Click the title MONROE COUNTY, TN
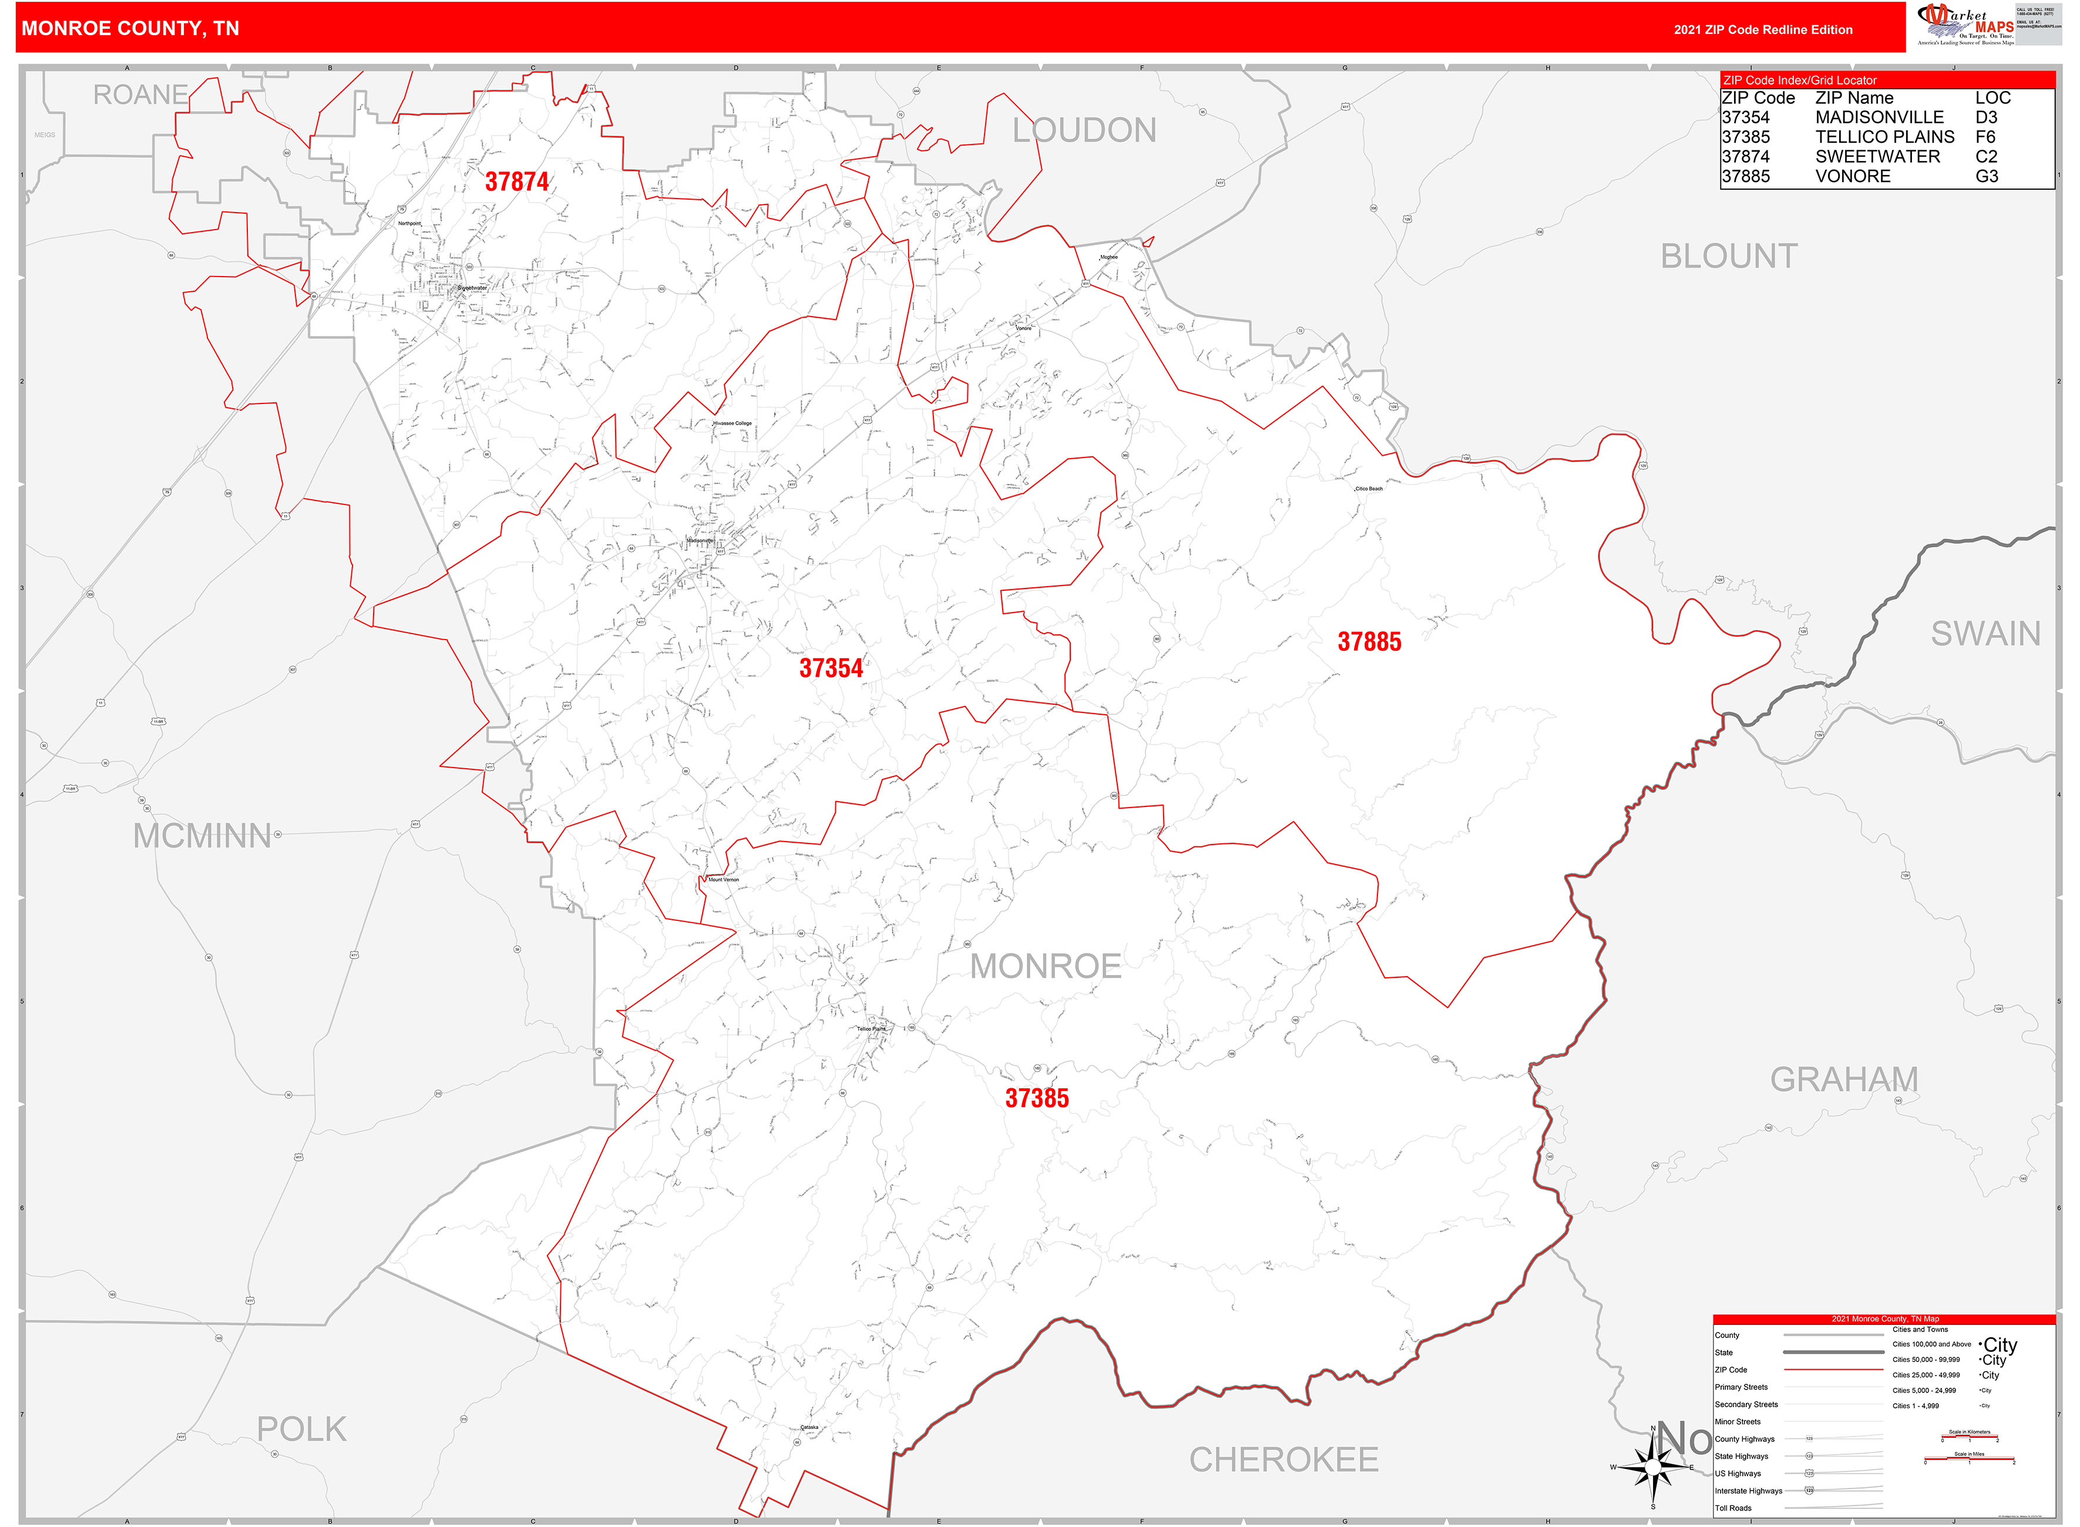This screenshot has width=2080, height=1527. (130, 29)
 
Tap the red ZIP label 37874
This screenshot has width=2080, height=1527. (517, 182)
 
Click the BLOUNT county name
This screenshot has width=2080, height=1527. (1729, 256)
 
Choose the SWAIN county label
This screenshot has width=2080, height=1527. (1985, 634)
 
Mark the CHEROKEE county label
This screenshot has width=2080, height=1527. (1283, 1461)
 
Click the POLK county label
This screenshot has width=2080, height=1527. (301, 1430)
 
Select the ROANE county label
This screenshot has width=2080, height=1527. (140, 95)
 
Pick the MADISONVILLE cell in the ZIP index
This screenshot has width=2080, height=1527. (1879, 117)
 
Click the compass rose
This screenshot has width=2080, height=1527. (1653, 1467)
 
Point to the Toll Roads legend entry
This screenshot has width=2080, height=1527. (1733, 1508)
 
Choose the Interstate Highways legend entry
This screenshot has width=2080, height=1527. (1748, 1491)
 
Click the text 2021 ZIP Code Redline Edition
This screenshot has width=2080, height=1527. (1762, 29)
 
